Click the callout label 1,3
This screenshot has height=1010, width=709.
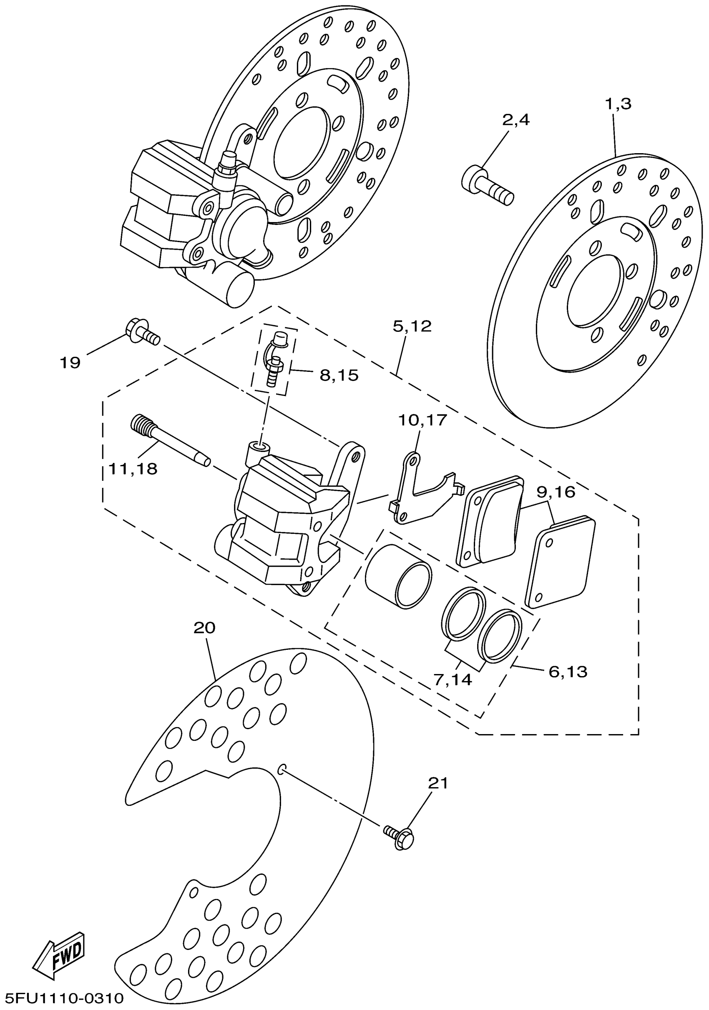pos(618,104)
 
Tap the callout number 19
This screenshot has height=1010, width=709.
pos(70,363)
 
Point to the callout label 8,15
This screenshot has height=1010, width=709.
pos(339,375)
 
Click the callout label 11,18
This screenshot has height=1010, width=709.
pos(133,469)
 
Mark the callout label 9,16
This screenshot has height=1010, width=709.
pos(556,492)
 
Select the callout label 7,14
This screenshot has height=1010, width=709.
pos(453,679)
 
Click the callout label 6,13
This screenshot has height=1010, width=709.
pos(568,672)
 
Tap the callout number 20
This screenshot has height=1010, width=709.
pos(204,627)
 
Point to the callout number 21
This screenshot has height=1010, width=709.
pos(438,783)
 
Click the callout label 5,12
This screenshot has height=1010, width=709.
pos(412,326)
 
